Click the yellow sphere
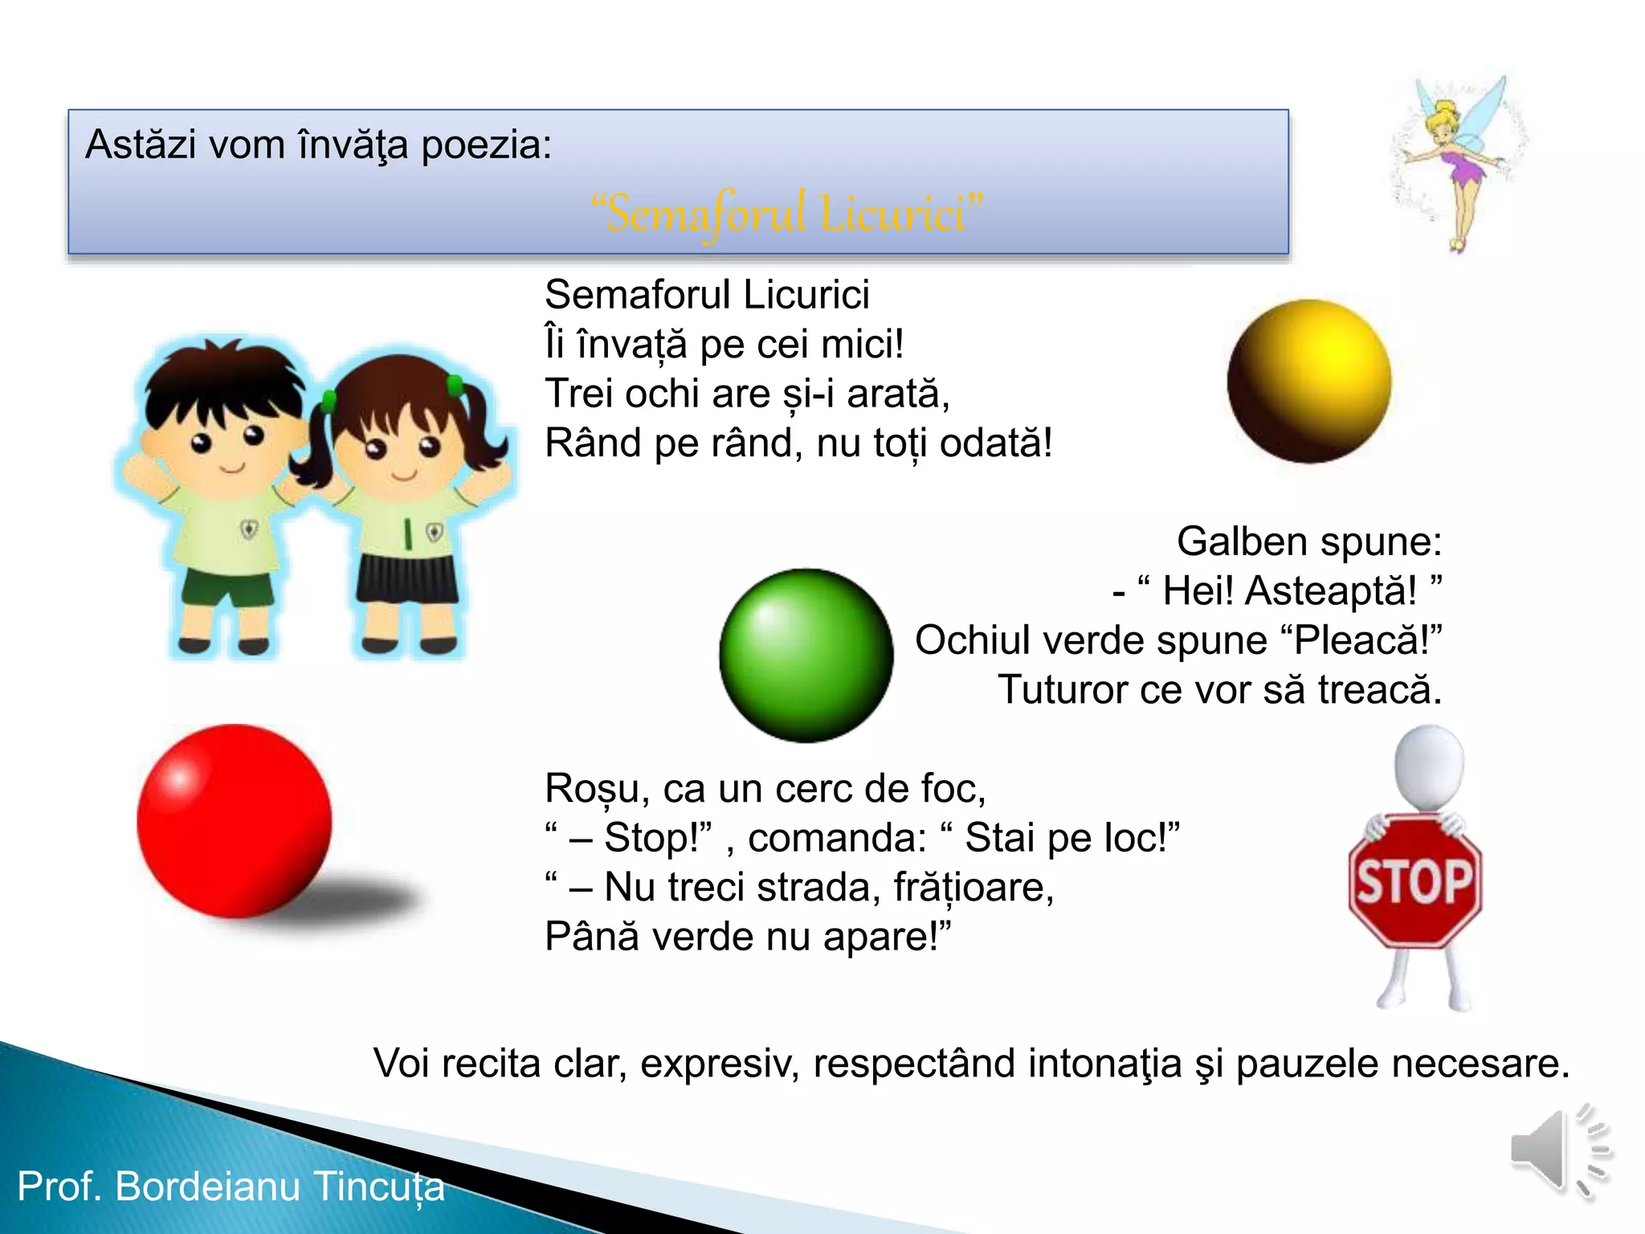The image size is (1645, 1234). pos(1309,382)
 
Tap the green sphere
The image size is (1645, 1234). pos(806,655)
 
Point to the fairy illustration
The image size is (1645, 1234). pos(1458,161)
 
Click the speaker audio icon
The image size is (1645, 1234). pos(1558,1150)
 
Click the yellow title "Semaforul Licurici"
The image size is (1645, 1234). pos(787,214)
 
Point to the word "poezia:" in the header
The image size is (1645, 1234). pos(487,145)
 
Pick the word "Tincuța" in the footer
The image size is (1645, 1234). pos(378,1187)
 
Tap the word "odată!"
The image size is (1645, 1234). pos(995,443)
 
